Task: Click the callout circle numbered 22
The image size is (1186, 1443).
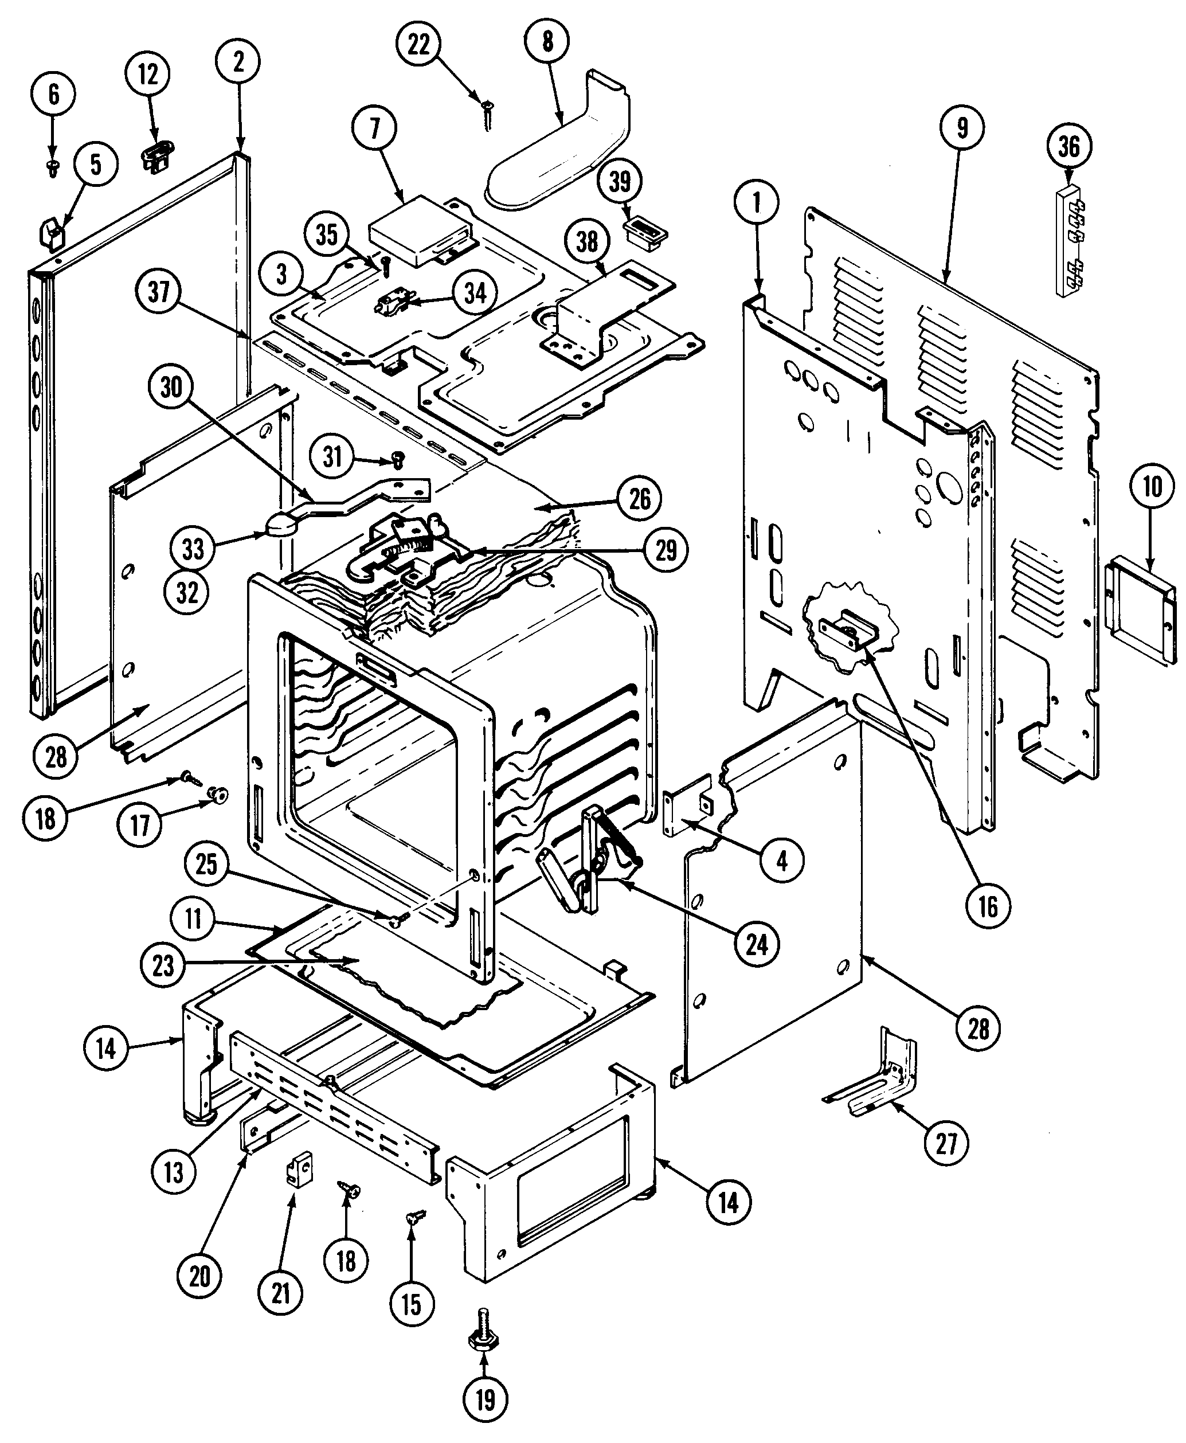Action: tap(419, 45)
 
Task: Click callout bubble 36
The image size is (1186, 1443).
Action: tap(1069, 147)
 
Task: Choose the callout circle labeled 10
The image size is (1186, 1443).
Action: tap(1152, 488)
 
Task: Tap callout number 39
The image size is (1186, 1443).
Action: tap(620, 182)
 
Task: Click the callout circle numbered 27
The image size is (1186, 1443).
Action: tap(946, 1141)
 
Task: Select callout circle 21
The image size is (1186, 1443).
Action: tap(281, 1293)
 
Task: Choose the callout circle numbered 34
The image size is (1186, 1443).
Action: tap(476, 293)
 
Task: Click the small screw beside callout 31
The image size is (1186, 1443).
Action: tap(396, 460)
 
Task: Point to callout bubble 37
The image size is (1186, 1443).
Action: tap(159, 292)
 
